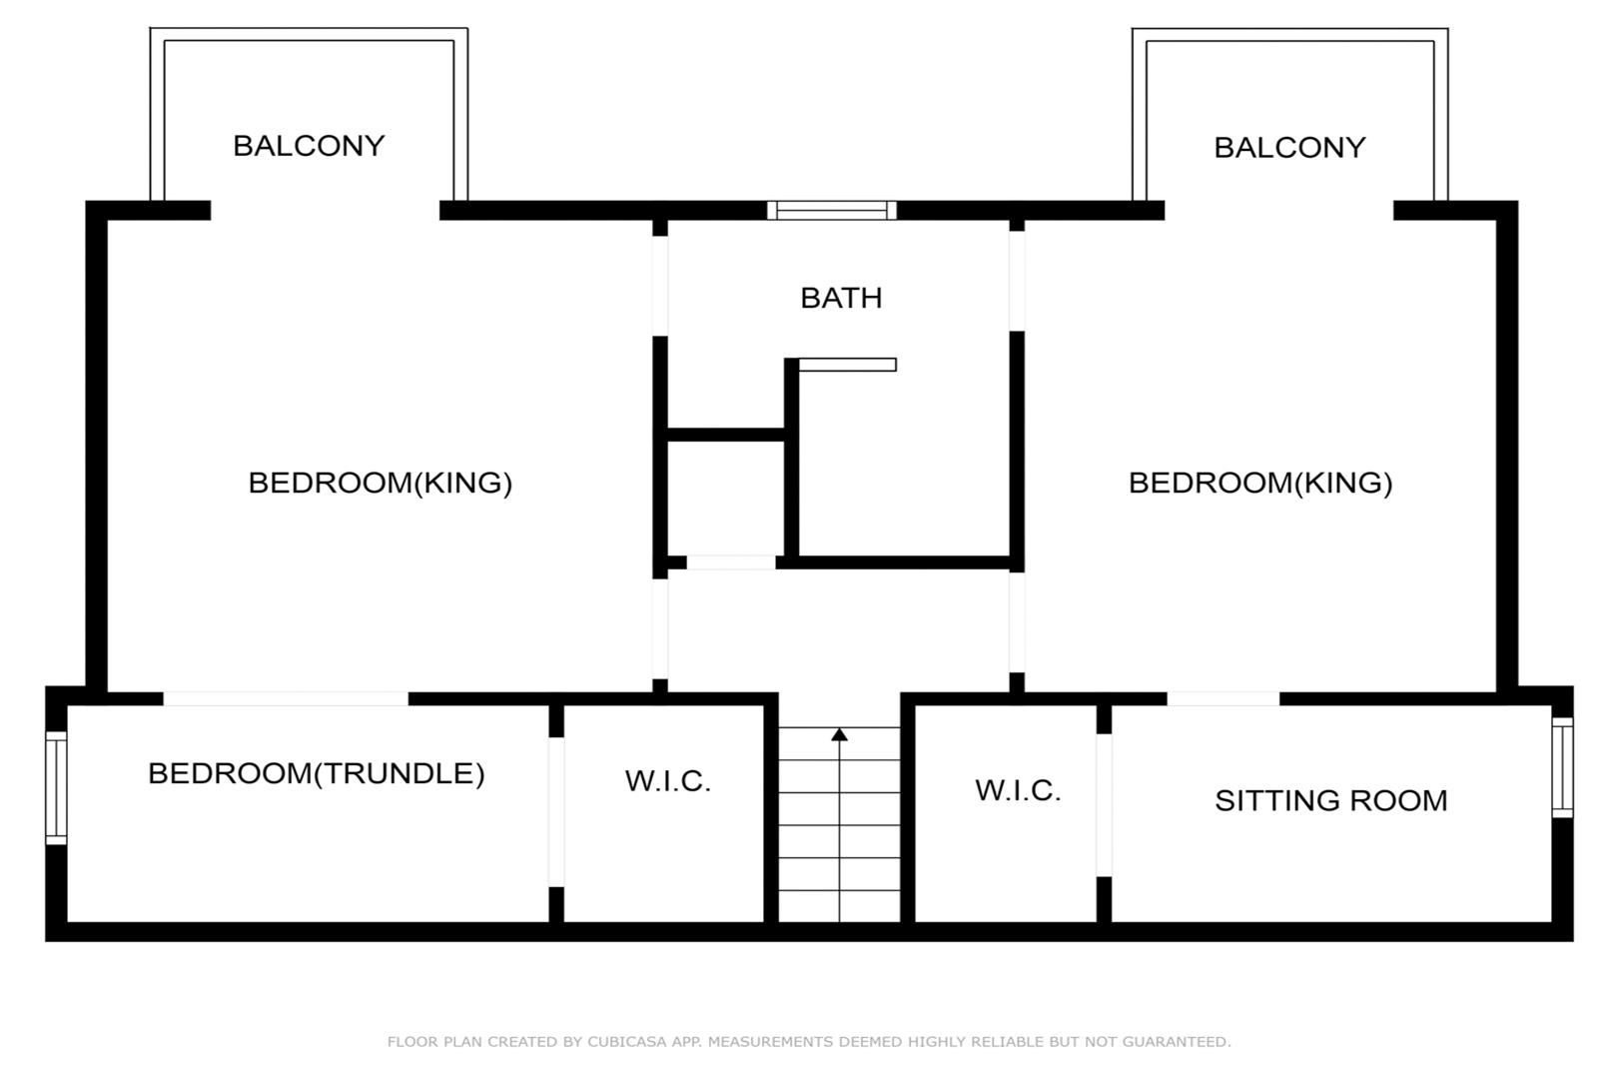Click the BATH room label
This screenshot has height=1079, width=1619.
click(x=841, y=298)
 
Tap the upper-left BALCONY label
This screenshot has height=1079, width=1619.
click(x=309, y=146)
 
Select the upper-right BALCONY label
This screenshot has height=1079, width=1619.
click(x=1289, y=148)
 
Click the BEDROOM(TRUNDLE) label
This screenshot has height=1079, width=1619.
click(x=316, y=774)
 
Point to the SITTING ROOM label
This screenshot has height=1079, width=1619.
click(x=1330, y=800)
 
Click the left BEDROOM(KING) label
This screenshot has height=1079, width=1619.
click(x=381, y=483)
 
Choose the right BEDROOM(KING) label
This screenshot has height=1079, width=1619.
click(x=1260, y=483)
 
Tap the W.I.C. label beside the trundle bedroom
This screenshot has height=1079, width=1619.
click(x=668, y=781)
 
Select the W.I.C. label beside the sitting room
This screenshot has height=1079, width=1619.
click(x=1018, y=790)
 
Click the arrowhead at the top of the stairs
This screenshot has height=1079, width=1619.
click(x=839, y=734)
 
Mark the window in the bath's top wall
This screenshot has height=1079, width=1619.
click(x=831, y=211)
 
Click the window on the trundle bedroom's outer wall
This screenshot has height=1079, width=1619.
click(x=56, y=787)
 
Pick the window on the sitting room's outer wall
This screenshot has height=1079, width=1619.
click(x=1562, y=767)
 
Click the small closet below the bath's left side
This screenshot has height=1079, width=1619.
click(x=725, y=498)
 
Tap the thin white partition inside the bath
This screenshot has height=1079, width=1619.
click(x=847, y=365)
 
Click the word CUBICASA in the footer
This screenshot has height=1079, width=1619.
click(x=627, y=1041)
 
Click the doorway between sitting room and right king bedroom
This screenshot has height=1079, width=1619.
click(x=1222, y=698)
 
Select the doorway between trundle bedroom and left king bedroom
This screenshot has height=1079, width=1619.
click(x=286, y=698)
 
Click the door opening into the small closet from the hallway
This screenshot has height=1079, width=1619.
click(x=731, y=562)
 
